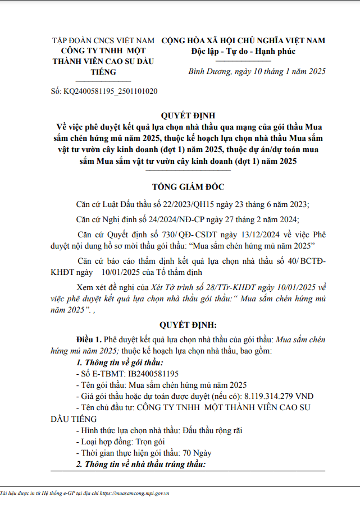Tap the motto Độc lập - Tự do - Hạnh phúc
[x=243, y=52]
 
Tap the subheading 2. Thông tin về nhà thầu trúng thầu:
[x=141, y=464]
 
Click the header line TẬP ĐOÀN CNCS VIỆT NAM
[x=103, y=40]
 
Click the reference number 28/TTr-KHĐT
[x=208, y=286]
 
